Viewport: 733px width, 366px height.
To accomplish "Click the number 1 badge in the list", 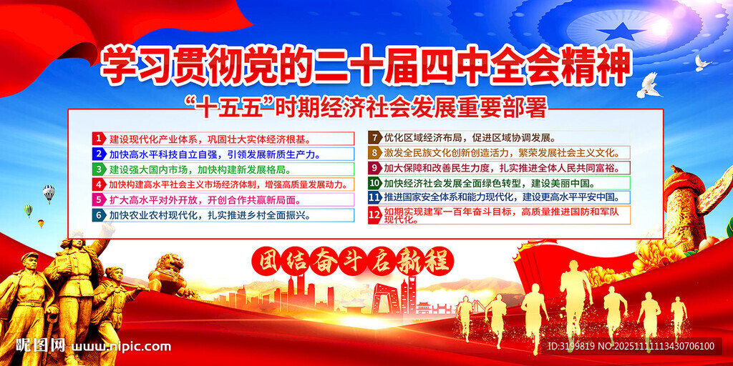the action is pos(99,139).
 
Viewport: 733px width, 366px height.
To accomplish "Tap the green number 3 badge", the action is pos(99,169).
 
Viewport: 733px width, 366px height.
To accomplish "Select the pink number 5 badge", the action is pos(99,200).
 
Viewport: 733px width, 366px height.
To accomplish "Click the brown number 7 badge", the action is pos(374,138).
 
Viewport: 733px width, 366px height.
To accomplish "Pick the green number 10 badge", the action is pos(374,183).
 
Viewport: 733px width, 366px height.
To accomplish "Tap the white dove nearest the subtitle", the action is pos(650,86).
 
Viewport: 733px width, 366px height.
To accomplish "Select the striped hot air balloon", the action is pos(49,193).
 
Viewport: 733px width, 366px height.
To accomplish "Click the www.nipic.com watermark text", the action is pos(123,347).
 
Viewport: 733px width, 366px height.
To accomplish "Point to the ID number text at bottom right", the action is pos(631,347).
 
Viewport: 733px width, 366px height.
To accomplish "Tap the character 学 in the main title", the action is pos(117,64).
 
